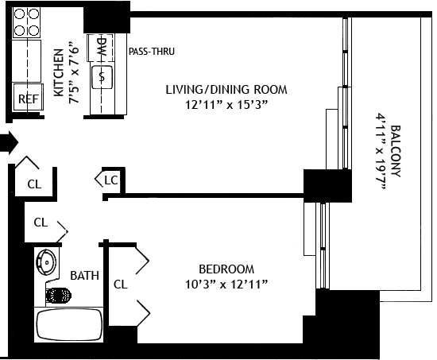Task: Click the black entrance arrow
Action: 9,142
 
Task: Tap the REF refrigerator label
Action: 29,99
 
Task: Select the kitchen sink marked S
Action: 102,77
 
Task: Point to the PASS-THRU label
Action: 152,52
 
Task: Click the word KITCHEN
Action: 59,73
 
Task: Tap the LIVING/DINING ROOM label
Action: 226,90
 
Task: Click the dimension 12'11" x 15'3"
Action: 226,105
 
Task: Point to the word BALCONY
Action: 396,152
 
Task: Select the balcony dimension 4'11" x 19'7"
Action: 381,152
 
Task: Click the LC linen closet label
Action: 111,180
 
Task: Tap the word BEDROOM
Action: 226,269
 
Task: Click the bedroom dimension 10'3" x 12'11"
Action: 226,285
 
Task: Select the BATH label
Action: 84,276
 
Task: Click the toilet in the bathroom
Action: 58,295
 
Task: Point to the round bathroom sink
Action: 46,262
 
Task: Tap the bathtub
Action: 69,324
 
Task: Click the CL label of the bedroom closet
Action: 121,285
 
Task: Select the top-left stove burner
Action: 19,14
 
